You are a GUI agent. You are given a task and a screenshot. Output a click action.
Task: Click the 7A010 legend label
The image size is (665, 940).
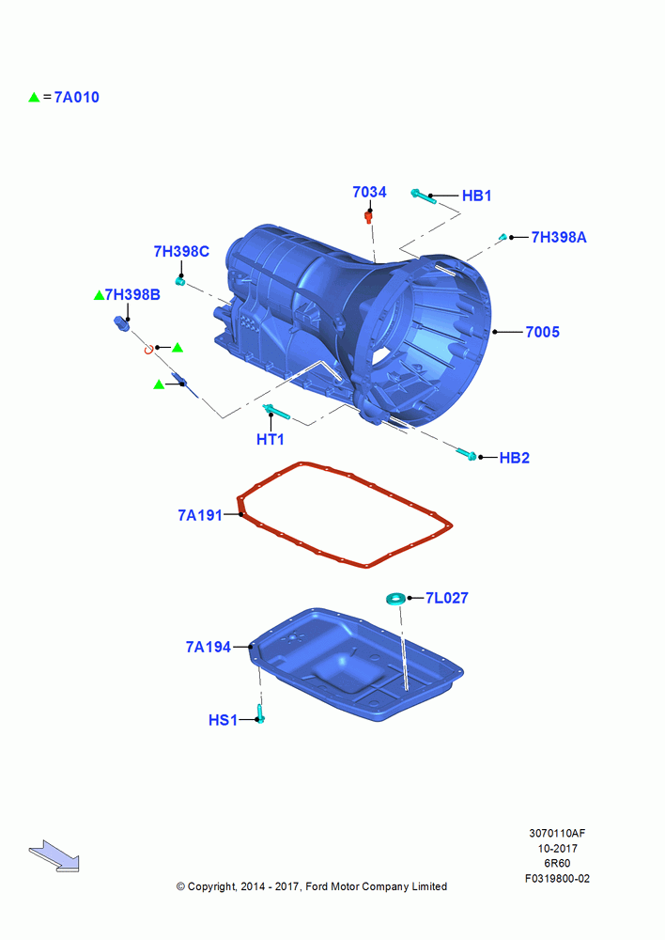point(77,97)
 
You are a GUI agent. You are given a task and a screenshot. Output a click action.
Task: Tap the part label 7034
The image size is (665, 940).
point(369,192)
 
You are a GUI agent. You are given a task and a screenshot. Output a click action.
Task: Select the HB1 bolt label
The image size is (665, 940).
point(476,196)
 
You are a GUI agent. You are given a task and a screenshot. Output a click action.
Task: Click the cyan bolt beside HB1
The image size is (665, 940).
point(424,196)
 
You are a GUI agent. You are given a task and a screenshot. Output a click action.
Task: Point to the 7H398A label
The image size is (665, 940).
point(558,238)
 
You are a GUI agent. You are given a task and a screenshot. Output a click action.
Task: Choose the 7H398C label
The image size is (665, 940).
point(181,251)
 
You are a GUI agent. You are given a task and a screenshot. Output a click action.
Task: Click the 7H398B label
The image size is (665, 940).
point(132,294)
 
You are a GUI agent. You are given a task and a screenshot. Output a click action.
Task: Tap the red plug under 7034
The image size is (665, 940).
point(369,216)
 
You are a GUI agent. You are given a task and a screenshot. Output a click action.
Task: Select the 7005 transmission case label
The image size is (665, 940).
point(542,332)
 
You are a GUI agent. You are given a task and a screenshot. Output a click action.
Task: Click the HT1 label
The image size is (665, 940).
point(271,439)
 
